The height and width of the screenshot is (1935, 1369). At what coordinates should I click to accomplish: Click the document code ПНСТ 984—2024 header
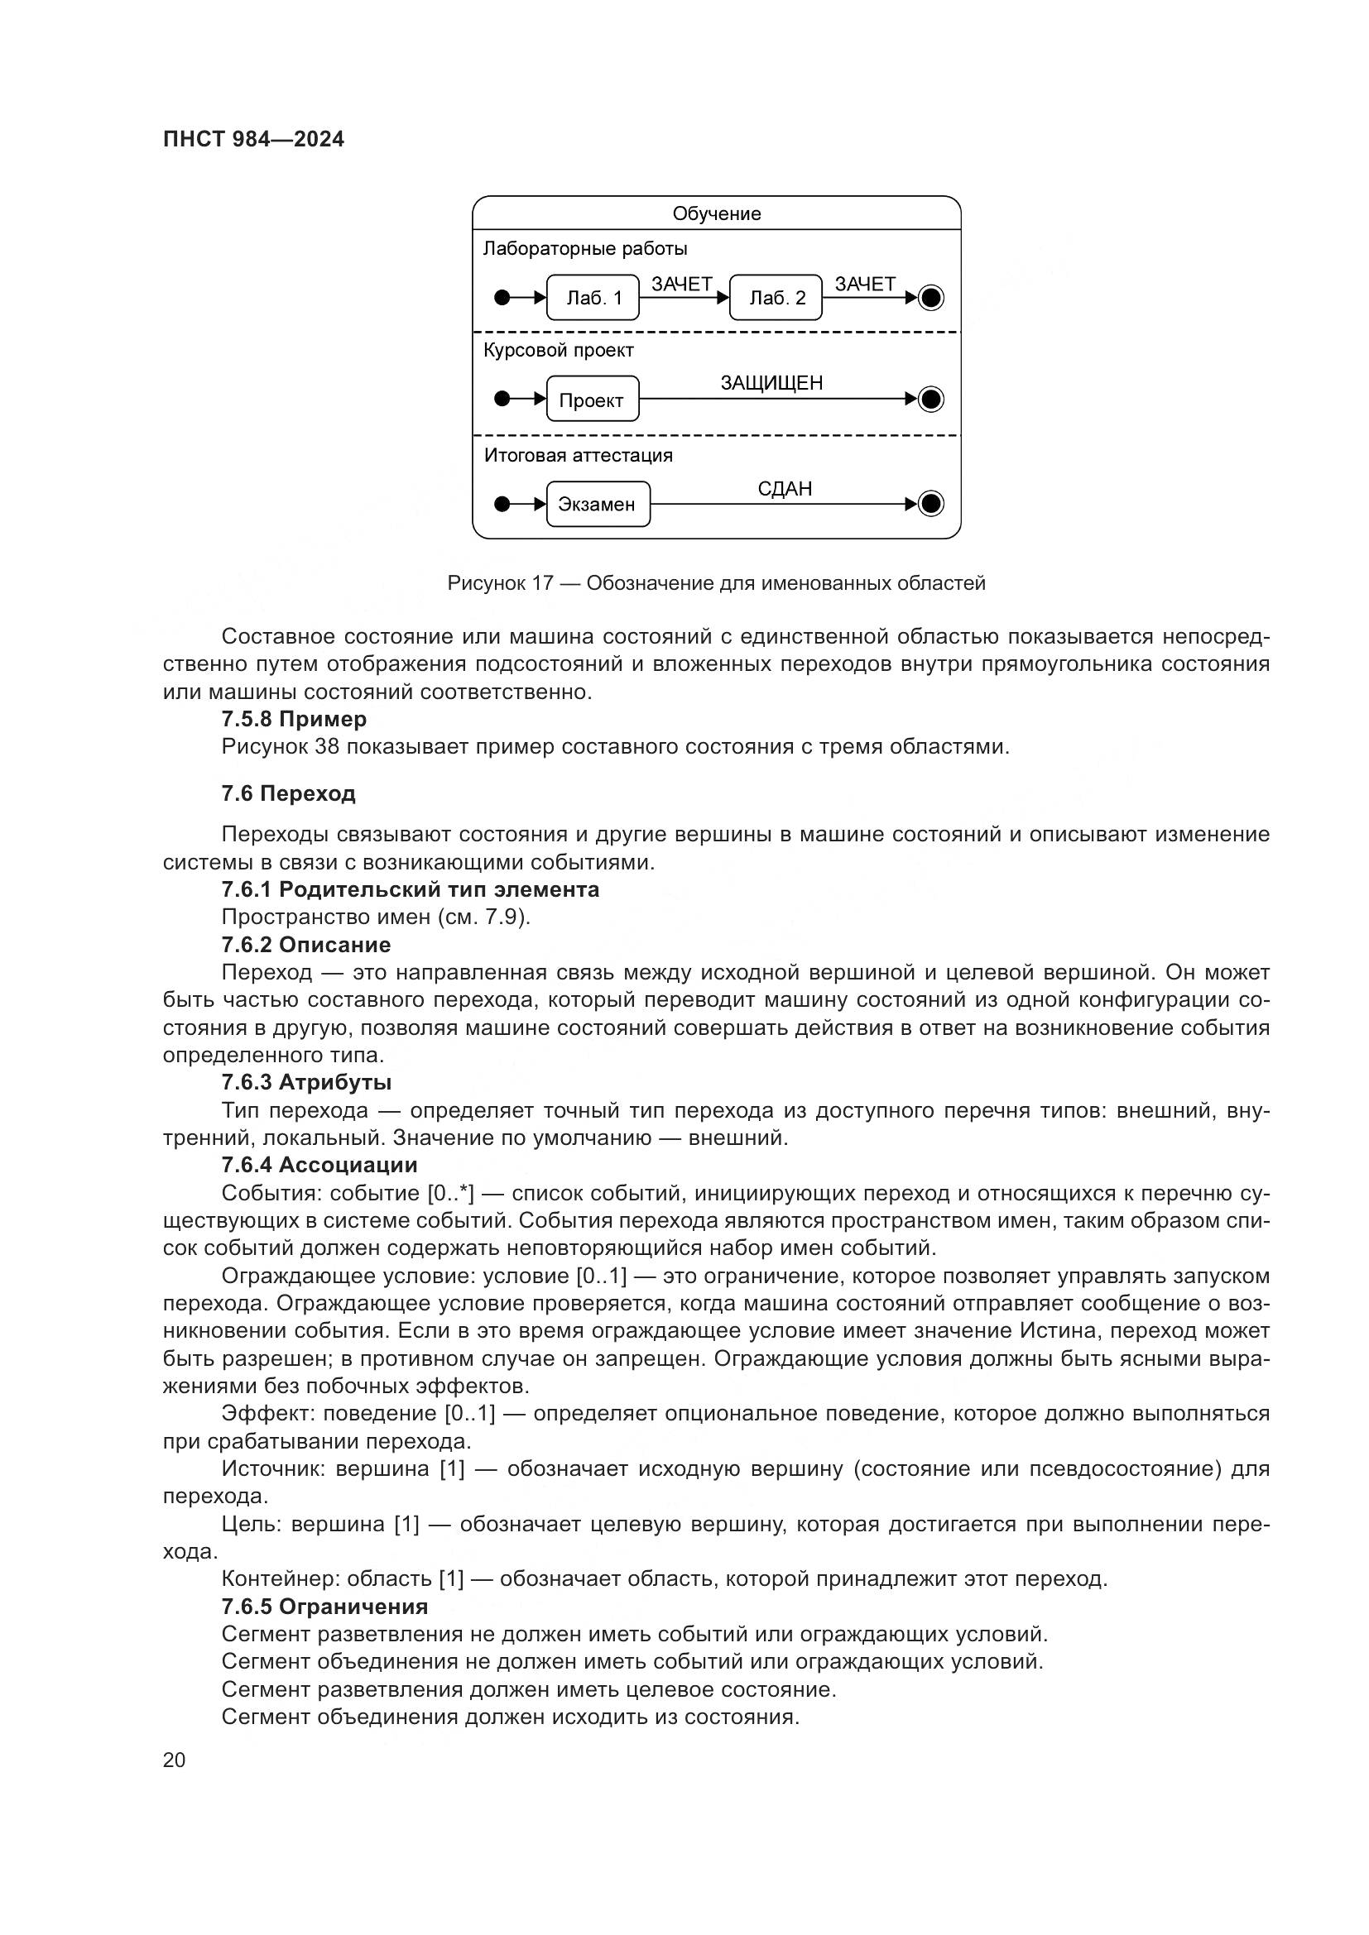pyautogui.click(x=254, y=140)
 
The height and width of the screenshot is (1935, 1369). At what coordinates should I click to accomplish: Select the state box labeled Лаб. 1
pyautogui.click(x=593, y=298)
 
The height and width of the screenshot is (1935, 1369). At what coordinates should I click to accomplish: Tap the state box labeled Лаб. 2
pyautogui.click(x=776, y=298)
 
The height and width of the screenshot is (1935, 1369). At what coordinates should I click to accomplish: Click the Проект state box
pyautogui.click(x=592, y=400)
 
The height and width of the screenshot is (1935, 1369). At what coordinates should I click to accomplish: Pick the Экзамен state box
pyautogui.click(x=598, y=504)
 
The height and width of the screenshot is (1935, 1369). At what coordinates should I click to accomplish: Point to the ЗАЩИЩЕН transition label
pyautogui.click(x=771, y=384)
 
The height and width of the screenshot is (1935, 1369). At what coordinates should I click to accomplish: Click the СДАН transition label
pyautogui.click(x=785, y=489)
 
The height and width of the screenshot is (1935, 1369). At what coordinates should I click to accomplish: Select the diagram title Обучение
pyautogui.click(x=717, y=213)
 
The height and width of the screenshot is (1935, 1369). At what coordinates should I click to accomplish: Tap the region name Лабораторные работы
pyautogui.click(x=585, y=249)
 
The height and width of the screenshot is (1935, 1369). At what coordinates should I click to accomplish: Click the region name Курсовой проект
pyautogui.click(x=558, y=350)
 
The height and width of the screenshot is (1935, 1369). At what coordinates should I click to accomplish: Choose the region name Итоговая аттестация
pyautogui.click(x=579, y=456)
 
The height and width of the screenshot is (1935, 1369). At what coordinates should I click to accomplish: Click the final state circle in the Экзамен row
pyautogui.click(x=930, y=504)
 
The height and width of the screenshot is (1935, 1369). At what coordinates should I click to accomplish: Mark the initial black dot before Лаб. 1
pyautogui.click(x=502, y=298)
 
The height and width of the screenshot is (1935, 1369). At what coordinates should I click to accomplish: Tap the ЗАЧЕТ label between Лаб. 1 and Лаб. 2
pyautogui.click(x=682, y=284)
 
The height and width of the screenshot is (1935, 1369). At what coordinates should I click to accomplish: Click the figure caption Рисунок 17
pyautogui.click(x=716, y=583)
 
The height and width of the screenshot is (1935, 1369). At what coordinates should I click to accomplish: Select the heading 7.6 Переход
pyautogui.click(x=288, y=793)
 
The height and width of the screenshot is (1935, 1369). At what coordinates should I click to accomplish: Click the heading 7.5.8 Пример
pyautogui.click(x=294, y=719)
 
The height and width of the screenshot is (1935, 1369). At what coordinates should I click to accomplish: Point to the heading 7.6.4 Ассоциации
pyautogui.click(x=319, y=1165)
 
